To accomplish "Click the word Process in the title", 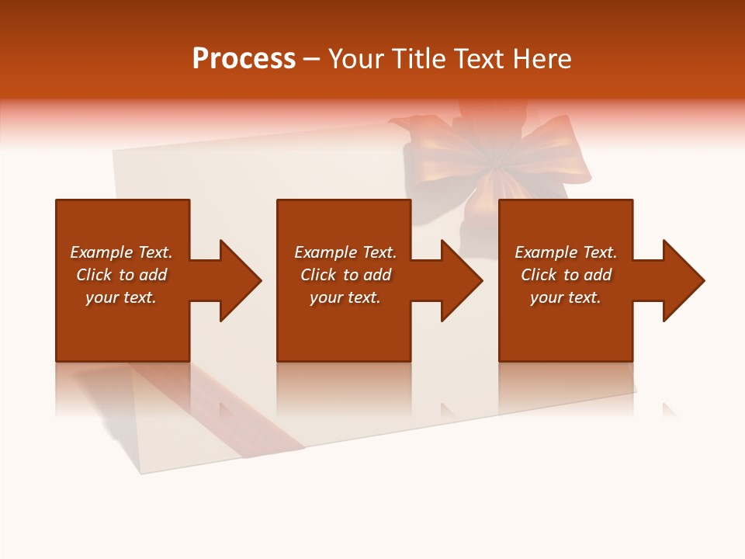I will tap(244, 59).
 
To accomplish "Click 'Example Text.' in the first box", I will tap(121, 252).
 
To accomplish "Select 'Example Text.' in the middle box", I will tap(345, 252).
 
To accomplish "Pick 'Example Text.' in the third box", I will tap(566, 252).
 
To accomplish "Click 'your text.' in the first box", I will tap(121, 297).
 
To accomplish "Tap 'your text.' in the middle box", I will tap(345, 297).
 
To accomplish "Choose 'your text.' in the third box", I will tap(566, 297).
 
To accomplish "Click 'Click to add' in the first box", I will tap(121, 275).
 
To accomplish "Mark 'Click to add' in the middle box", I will tap(345, 275).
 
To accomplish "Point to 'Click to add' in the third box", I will tap(566, 275).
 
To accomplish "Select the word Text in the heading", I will tap(476, 59).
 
